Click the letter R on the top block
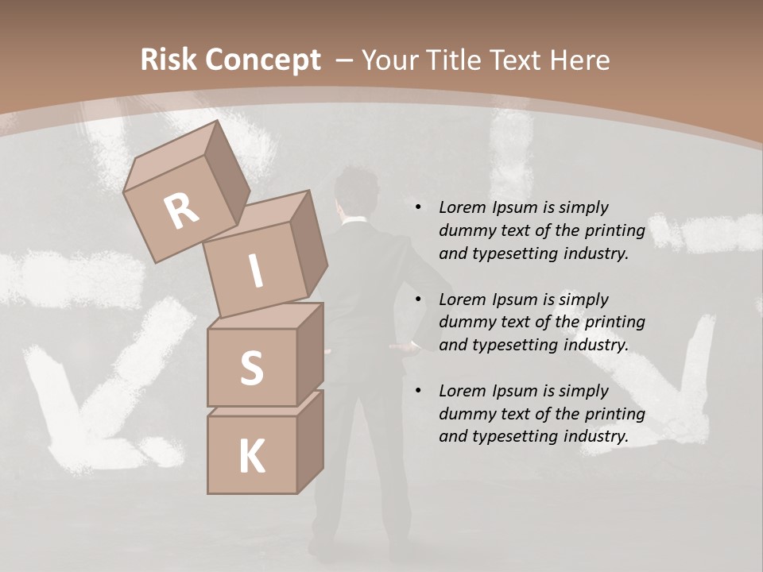tap(181, 211)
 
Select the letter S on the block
tap(251, 368)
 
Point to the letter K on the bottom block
tap(252, 457)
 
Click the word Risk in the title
tap(168, 60)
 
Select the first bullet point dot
tap(418, 207)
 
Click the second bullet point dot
tap(418, 300)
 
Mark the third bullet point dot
tap(418, 391)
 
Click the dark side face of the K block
tap(310, 443)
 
